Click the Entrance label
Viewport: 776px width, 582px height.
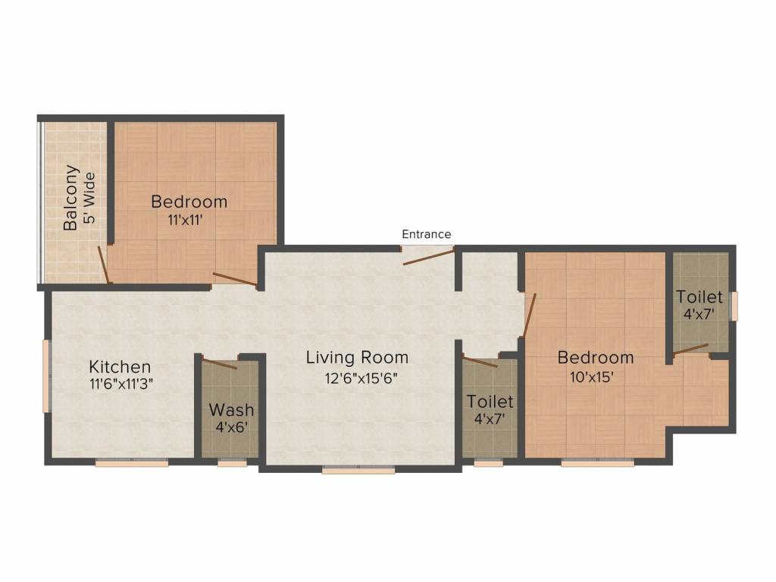(426, 234)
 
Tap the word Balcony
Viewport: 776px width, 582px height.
(70, 198)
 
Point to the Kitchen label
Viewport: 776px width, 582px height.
(120, 367)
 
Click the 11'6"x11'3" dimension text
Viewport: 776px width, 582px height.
(121, 383)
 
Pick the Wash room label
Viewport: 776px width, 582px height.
(231, 410)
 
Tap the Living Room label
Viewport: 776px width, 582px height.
(357, 357)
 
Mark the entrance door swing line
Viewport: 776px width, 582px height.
(429, 256)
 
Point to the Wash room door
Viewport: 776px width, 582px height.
(220, 363)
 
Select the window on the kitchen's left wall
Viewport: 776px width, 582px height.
(46, 376)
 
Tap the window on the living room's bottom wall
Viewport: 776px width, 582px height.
(358, 471)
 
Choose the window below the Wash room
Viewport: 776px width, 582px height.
(232, 463)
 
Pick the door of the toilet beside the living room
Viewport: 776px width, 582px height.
(480, 361)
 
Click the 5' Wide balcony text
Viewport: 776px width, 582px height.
(89, 198)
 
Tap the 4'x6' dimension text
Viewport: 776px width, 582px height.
(231, 427)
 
